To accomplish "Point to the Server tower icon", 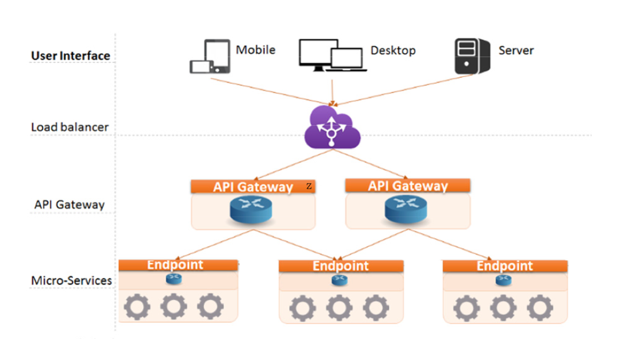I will click(x=472, y=56).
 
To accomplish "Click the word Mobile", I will click(x=255, y=50).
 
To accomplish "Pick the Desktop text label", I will click(x=393, y=50).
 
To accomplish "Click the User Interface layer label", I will click(x=70, y=55).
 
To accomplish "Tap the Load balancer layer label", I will click(x=70, y=127).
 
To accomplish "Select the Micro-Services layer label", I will click(x=71, y=281).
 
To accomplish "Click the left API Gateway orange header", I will click(x=253, y=187).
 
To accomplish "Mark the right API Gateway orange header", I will click(x=408, y=186).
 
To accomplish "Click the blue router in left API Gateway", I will click(x=252, y=210).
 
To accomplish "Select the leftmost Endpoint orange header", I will click(x=178, y=265).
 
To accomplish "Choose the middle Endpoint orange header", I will click(x=341, y=266).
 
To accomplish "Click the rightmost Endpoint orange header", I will click(x=505, y=266).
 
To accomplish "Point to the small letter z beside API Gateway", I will click(x=309, y=186).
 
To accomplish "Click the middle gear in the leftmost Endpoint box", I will click(x=174, y=307).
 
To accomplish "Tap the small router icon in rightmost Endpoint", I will click(x=503, y=279).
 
